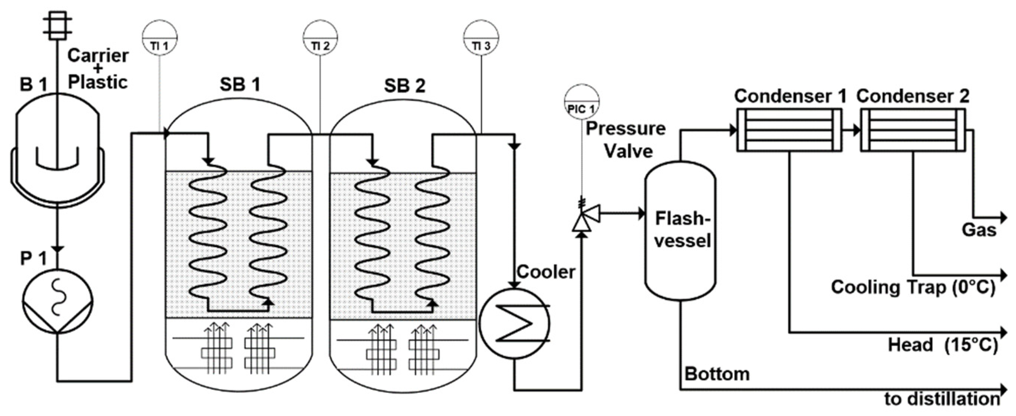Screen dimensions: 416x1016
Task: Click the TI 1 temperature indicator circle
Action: coord(159,38)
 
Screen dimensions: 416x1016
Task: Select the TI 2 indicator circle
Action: coord(320,38)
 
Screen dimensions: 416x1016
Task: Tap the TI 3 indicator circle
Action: coord(481,38)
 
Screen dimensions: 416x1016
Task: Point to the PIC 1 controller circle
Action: coord(582,102)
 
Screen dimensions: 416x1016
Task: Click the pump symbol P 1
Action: coord(58,302)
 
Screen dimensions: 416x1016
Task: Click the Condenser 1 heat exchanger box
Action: coord(789,130)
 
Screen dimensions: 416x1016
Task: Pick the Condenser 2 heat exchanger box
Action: coord(913,130)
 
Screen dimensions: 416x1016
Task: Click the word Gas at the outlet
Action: coord(979,230)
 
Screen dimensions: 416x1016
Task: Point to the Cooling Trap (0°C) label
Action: coord(913,287)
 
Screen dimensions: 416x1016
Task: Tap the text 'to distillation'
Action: coord(942,399)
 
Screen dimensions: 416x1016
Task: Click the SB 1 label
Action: coord(240,84)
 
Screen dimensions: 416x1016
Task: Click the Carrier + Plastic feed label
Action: coord(97,69)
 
